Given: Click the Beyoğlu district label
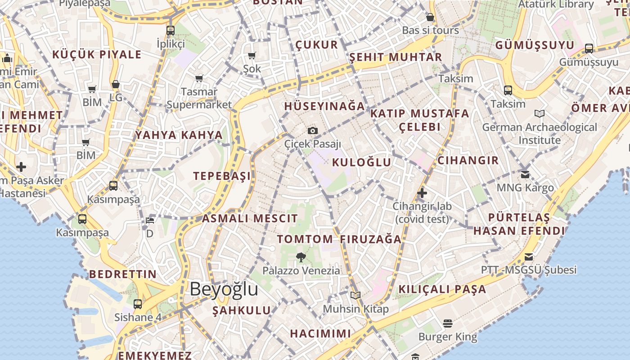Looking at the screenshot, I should (224, 289).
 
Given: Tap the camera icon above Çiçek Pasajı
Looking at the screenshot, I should (313, 131).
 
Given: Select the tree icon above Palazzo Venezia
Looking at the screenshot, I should (301, 257).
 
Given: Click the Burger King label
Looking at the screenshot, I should (447, 337).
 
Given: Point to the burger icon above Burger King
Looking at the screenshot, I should (447, 323).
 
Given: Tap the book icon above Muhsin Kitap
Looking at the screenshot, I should (355, 296).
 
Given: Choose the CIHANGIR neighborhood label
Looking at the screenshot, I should (468, 161).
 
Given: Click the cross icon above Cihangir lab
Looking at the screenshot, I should (422, 193).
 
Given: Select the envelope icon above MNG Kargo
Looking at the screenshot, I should (525, 174).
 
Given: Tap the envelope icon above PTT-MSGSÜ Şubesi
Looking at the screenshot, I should (529, 257).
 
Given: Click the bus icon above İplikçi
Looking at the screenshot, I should (170, 31).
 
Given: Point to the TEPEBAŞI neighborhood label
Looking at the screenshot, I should (222, 176).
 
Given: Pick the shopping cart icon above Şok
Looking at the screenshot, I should (252, 56).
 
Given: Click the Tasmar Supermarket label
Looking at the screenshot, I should (199, 98).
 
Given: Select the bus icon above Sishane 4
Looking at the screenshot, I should (138, 304).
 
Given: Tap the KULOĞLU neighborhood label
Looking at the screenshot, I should (361, 162).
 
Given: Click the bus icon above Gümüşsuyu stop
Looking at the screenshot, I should (589, 49).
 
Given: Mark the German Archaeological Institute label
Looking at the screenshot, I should (540, 134).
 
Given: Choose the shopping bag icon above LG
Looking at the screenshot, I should (116, 85).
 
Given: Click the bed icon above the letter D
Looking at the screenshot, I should (150, 220).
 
